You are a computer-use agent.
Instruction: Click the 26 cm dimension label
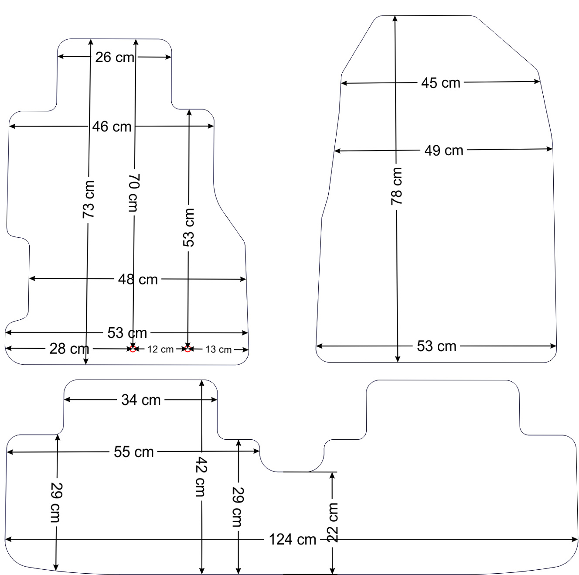pyautogui.click(x=115, y=57)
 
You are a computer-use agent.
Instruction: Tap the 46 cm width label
pyautogui.click(x=112, y=127)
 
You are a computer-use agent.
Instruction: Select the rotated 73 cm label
pyautogui.click(x=89, y=199)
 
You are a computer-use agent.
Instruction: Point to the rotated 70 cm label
pyautogui.click(x=134, y=193)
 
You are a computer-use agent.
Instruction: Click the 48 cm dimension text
pyautogui.click(x=138, y=279)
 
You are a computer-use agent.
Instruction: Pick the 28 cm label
pyautogui.click(x=69, y=349)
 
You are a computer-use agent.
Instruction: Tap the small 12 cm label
pyautogui.click(x=160, y=349)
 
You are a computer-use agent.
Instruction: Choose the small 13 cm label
pyautogui.click(x=218, y=349)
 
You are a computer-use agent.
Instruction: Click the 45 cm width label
pyautogui.click(x=441, y=83)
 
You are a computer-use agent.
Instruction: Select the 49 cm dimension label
pyautogui.click(x=444, y=151)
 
